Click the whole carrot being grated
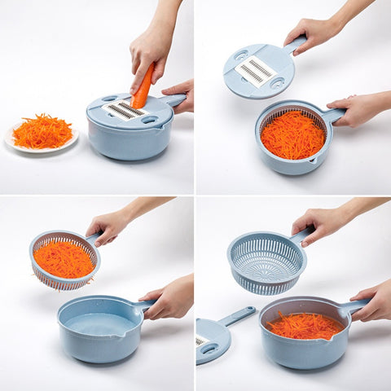143,88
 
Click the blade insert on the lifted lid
255,71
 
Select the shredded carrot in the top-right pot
292,134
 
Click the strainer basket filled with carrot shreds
64,260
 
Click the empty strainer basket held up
266,262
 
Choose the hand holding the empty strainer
322,222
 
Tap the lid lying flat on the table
213,340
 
